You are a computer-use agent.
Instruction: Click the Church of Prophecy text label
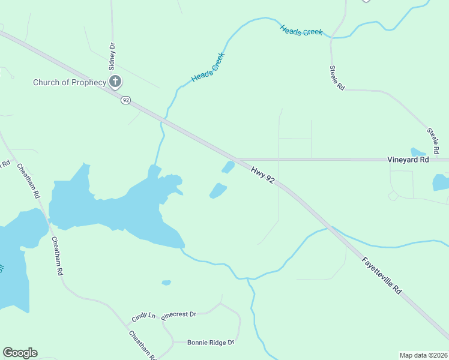coord(69,82)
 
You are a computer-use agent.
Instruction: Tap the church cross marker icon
coord(115,82)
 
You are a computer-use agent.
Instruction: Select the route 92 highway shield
coord(125,100)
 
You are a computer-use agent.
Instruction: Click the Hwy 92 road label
coord(263,175)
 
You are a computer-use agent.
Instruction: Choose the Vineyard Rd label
coord(408,160)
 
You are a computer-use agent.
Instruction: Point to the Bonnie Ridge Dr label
coord(210,343)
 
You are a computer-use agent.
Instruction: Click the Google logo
coord(20,353)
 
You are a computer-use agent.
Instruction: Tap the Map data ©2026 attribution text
coord(423,355)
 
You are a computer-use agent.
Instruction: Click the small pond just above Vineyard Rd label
coord(418,152)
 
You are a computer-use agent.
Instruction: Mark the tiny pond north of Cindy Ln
coord(166,283)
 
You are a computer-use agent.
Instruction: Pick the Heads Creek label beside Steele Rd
coord(301,31)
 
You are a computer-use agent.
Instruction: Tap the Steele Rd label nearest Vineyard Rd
coord(435,139)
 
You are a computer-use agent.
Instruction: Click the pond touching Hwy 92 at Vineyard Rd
coord(228,167)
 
